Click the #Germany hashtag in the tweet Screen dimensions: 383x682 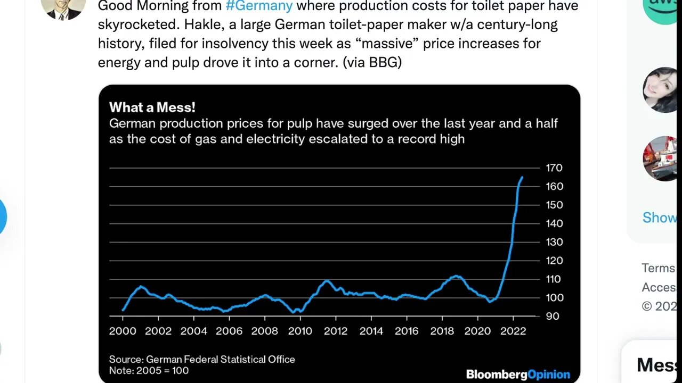point(259,6)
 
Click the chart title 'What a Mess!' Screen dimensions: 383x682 point(152,107)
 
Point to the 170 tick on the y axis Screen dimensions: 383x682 point(554,168)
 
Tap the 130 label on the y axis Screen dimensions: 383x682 point(554,242)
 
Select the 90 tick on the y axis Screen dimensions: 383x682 point(553,316)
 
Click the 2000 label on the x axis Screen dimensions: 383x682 point(123,331)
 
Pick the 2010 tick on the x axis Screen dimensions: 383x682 point(300,331)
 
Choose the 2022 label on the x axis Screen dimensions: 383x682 point(513,331)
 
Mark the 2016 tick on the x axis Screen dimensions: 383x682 point(407,331)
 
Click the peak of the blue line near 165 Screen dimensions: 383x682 point(522,178)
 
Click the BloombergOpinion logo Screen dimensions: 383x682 point(518,374)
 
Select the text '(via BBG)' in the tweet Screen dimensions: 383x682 point(372,62)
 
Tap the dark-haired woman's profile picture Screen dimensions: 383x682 point(661,89)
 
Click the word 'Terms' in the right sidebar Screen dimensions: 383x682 point(659,268)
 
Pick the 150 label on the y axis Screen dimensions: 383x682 point(554,205)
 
